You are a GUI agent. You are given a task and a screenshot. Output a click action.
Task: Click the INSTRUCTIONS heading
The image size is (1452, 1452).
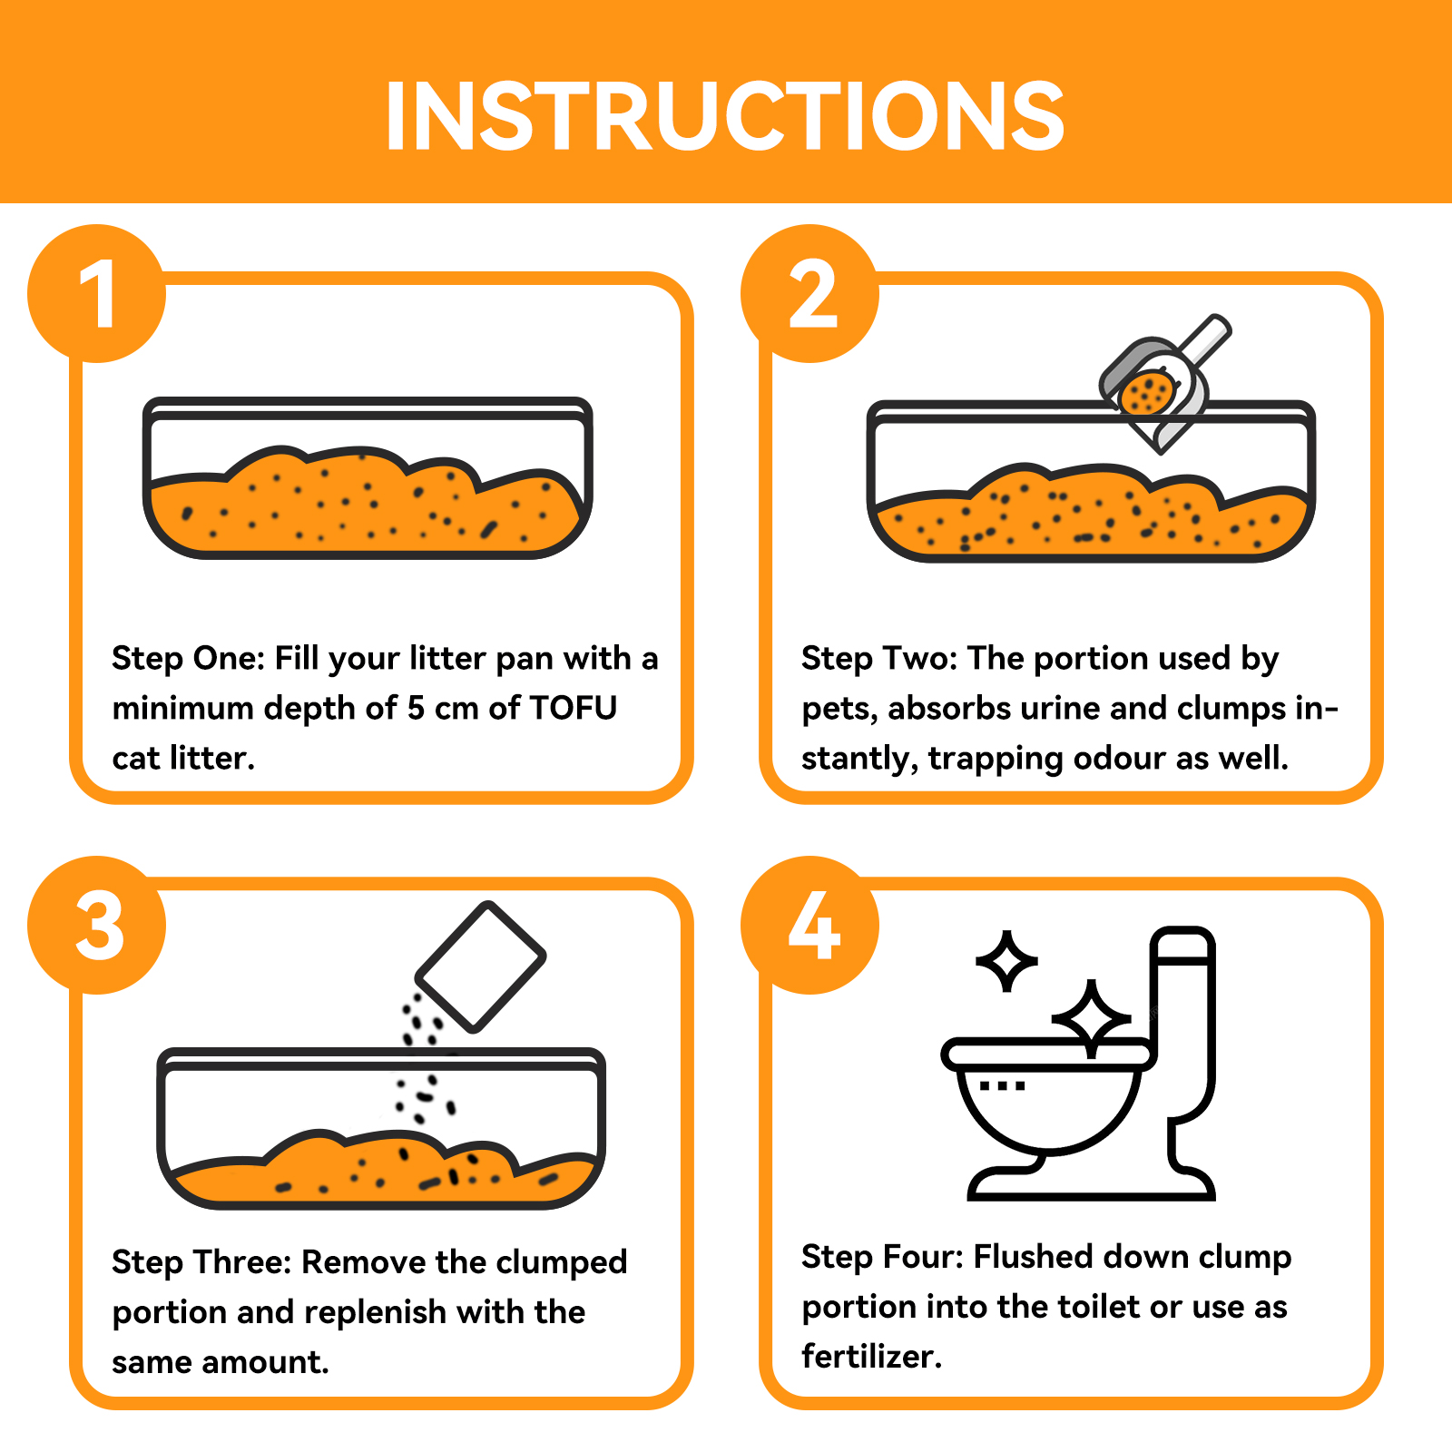(724, 115)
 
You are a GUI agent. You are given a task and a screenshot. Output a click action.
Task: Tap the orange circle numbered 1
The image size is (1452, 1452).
(97, 293)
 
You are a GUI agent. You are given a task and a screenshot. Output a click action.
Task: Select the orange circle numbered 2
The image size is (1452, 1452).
(810, 293)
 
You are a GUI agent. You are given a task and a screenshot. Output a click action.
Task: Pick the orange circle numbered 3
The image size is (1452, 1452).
(97, 925)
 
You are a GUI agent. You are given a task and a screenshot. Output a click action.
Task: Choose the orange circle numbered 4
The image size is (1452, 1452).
(810, 925)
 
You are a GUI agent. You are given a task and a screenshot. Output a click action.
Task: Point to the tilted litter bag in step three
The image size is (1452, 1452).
(480, 966)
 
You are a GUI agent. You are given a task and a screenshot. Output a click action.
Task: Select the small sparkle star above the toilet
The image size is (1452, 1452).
(1006, 960)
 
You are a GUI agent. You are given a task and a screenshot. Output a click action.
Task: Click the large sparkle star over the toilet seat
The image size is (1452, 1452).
(1092, 1019)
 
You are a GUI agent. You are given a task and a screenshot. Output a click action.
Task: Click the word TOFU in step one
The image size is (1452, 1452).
(573, 708)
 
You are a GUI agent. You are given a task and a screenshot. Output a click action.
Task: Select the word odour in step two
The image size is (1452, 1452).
(1120, 758)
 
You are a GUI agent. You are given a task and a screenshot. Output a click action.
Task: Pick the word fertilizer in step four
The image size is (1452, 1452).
(872, 1356)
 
